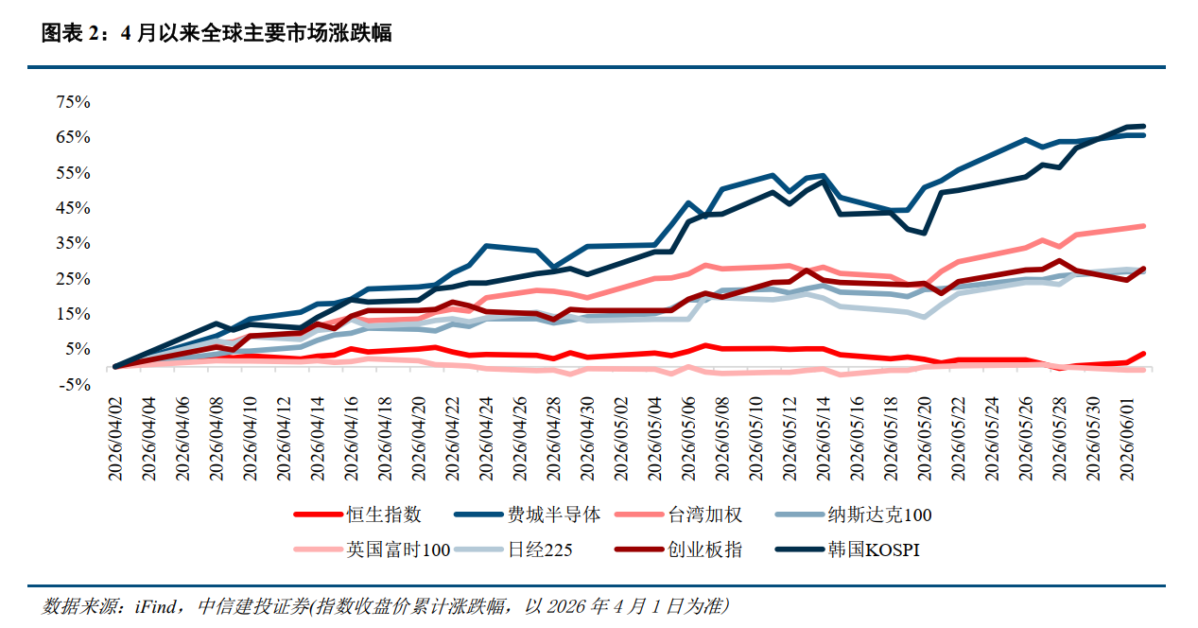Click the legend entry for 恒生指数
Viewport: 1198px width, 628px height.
coord(357,515)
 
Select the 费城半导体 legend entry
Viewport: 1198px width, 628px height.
coord(527,515)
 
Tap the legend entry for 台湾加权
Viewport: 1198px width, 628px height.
coord(678,515)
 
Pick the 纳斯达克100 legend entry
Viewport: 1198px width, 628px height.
coord(853,515)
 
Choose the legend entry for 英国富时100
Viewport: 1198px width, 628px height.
coord(372,549)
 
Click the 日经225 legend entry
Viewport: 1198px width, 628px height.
coord(512,549)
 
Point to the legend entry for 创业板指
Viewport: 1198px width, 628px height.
coord(678,549)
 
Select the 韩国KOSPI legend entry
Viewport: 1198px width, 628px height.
coord(847,549)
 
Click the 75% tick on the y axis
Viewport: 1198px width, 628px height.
coord(73,101)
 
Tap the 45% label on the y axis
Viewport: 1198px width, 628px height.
coord(73,207)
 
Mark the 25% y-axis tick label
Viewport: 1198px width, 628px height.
coord(73,278)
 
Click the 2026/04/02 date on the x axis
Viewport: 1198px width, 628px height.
coord(115,439)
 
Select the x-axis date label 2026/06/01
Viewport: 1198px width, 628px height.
coord(1127,439)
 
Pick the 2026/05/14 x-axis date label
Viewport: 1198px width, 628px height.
coord(823,439)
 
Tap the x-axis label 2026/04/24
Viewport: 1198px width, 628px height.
coord(486,439)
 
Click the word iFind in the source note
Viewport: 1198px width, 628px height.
coord(155,606)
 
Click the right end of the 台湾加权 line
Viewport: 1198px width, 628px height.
coord(1143,226)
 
